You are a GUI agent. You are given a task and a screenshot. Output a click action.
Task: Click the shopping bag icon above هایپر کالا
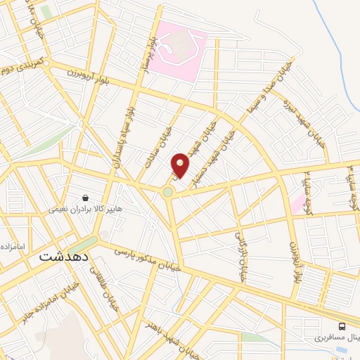85,199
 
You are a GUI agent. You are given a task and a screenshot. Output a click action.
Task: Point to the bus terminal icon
342,326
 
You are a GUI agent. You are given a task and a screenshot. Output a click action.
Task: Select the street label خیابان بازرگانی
240,255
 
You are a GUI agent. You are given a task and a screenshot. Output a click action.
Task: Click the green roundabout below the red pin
168,191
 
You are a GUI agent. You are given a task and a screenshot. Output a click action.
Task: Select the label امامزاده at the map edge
13,247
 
